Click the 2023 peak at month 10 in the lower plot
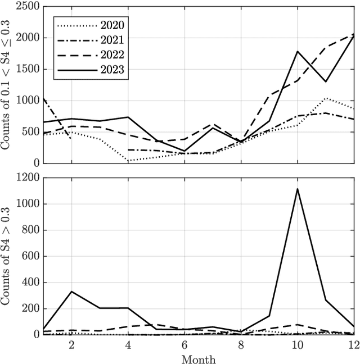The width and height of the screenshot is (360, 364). (x=297, y=189)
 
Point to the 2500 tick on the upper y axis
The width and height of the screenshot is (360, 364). (x=25, y=7)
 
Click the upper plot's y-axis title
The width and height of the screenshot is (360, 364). (x=7, y=84)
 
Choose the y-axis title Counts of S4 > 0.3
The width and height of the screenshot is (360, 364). (x=7, y=256)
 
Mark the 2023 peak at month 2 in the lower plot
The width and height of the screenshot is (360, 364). (x=71, y=291)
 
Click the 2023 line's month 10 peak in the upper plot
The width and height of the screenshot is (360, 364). (x=297, y=51)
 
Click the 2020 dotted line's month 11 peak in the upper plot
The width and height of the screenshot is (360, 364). (x=325, y=98)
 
